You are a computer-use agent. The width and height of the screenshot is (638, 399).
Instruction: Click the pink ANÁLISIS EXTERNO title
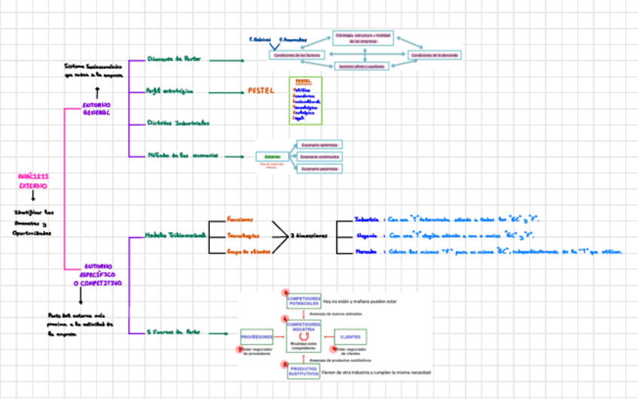click(x=33, y=181)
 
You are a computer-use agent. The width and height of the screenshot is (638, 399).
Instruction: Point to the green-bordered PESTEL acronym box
click(x=305, y=100)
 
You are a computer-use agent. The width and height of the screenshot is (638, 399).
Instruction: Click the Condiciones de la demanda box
click(x=435, y=55)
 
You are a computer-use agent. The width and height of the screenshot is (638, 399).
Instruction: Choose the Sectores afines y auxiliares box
click(x=364, y=67)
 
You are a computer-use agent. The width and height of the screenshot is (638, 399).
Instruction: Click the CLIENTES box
click(x=350, y=337)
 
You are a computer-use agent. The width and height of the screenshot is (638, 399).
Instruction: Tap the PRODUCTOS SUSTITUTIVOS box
click(x=303, y=371)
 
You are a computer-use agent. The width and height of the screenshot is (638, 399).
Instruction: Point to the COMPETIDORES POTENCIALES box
click(x=303, y=300)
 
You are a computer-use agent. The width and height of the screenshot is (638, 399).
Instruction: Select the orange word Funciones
click(x=240, y=220)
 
